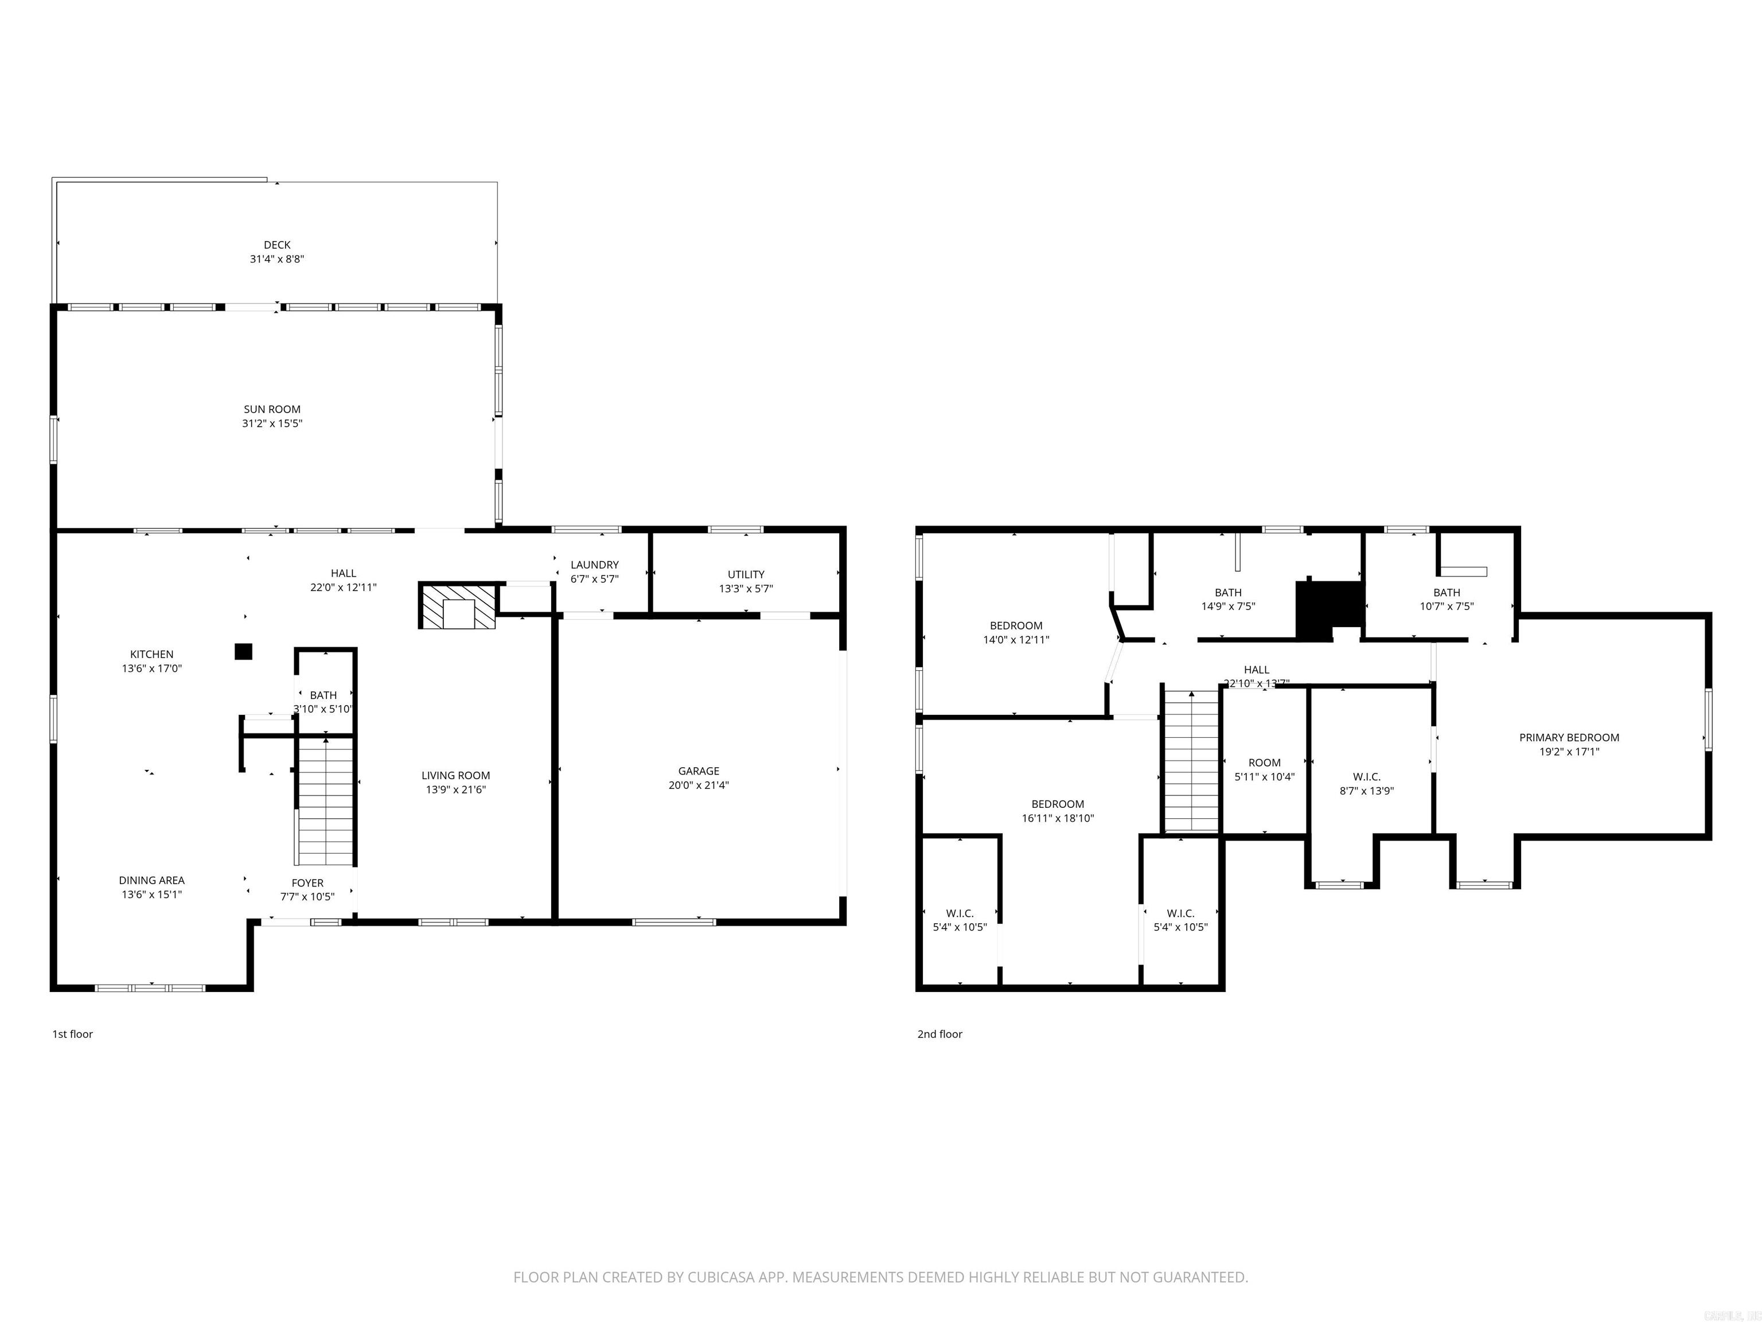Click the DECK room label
pyautogui.click(x=277, y=244)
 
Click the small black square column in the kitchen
pyautogui.click(x=243, y=652)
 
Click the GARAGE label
pyautogui.click(x=699, y=771)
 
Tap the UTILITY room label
pyautogui.click(x=746, y=574)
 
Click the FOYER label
pyautogui.click(x=307, y=883)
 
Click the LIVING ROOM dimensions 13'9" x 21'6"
pyautogui.click(x=455, y=790)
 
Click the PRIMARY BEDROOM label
pyautogui.click(x=1569, y=737)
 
